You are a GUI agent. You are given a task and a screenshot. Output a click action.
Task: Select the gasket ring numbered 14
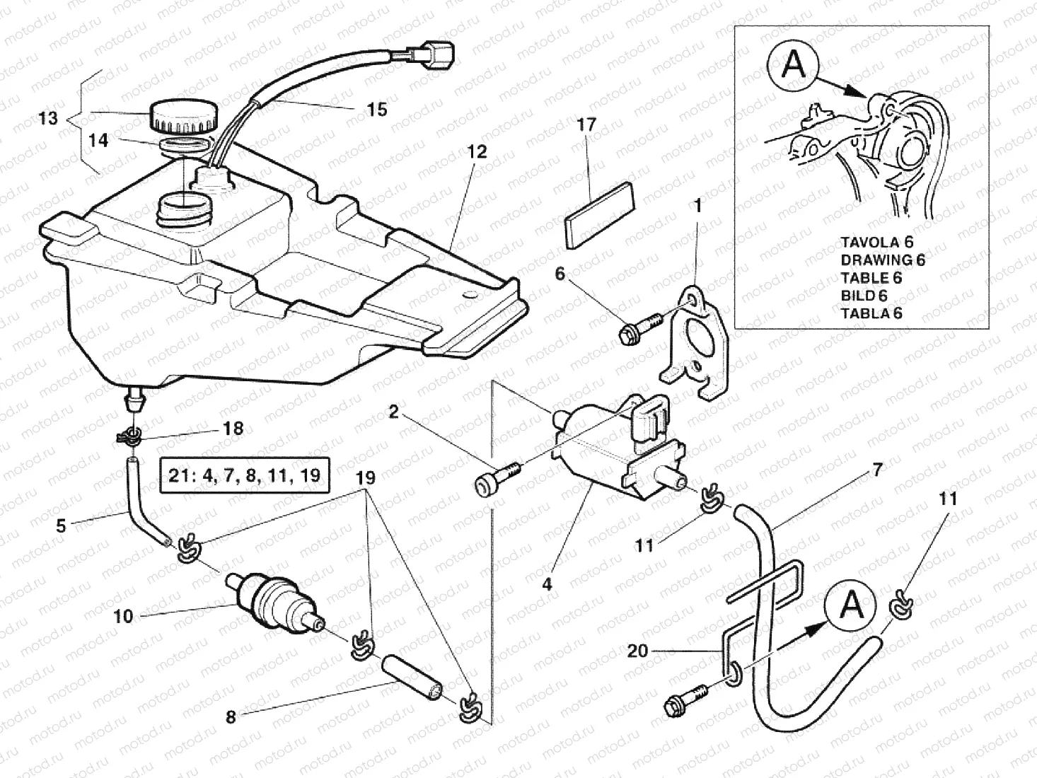(185, 146)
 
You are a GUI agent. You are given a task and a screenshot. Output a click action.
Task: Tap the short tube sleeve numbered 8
(413, 679)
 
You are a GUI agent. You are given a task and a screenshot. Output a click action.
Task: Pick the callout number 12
(477, 151)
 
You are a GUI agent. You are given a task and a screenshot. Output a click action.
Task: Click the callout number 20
(637, 650)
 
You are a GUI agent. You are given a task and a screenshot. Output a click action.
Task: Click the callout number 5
(61, 526)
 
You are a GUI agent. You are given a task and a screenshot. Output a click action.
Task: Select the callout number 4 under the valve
(547, 584)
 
